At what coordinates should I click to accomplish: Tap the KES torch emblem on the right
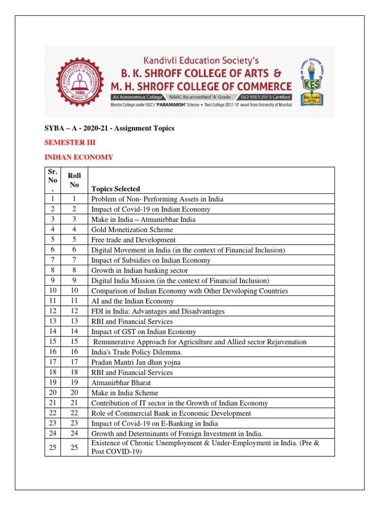tap(311, 81)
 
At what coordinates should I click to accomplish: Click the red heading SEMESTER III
tap(70, 143)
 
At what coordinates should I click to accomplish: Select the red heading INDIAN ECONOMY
tap(79, 157)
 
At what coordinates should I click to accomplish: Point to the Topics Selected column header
tap(115, 189)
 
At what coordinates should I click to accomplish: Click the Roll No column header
tap(75, 180)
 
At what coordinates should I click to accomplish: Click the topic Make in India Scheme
tap(125, 393)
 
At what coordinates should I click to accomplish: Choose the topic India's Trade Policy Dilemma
tap(136, 352)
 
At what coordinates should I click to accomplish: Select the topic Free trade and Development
tap(133, 240)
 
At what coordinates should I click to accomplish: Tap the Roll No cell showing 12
tap(75, 311)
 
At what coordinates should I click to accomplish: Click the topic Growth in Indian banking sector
tap(140, 270)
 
